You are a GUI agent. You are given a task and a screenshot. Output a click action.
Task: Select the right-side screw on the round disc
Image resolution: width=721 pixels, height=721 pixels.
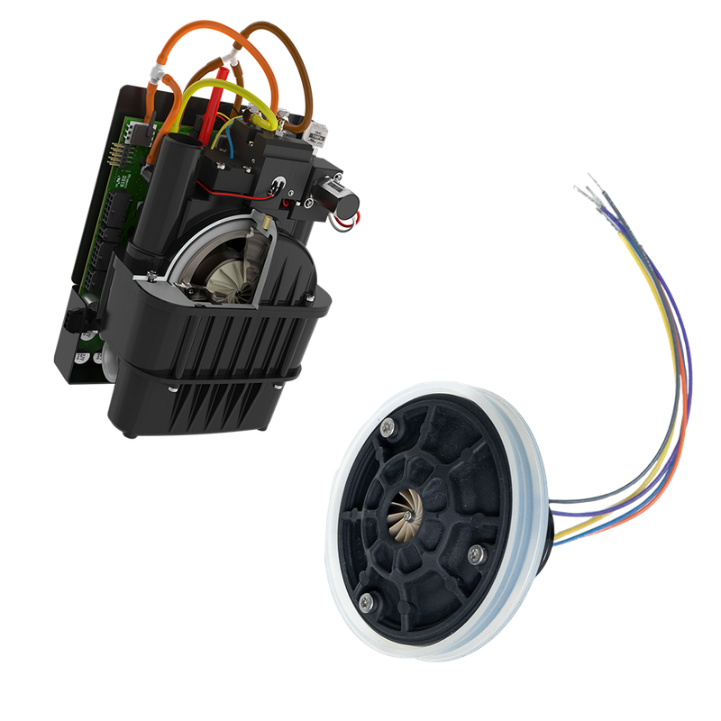[476, 551]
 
